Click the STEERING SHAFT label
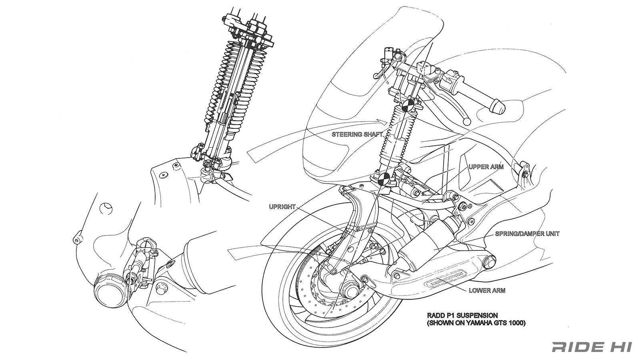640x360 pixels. click(357, 134)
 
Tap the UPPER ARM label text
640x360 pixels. click(486, 167)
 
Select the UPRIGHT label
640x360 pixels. click(282, 207)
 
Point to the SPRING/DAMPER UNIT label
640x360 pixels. click(527, 234)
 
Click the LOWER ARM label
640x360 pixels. click(487, 290)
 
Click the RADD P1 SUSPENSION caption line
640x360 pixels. click(462, 316)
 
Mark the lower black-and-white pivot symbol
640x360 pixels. click(384, 179)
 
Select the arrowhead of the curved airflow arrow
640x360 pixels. click(382, 121)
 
